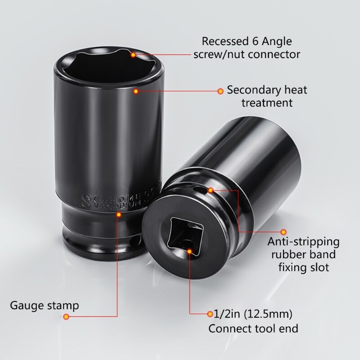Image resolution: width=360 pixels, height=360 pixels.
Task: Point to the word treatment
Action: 267,103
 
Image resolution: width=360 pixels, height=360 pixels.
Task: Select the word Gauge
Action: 26,306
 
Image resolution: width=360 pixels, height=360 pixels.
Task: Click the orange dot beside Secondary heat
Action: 220,91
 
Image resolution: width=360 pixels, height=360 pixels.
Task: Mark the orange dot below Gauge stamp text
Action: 66,317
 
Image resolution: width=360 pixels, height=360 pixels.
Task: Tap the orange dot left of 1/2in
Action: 210,314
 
